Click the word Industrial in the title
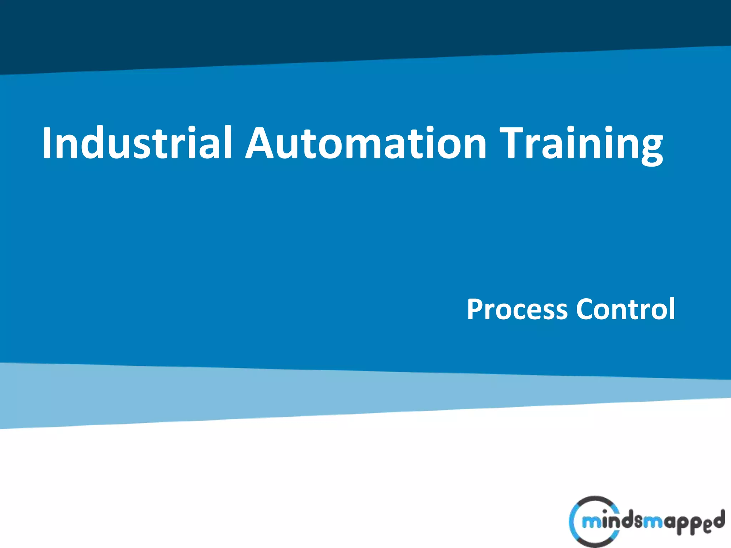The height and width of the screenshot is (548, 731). tap(137, 143)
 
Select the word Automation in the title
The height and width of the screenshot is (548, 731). tap(366, 143)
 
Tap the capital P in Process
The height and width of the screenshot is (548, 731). tap(476, 309)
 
